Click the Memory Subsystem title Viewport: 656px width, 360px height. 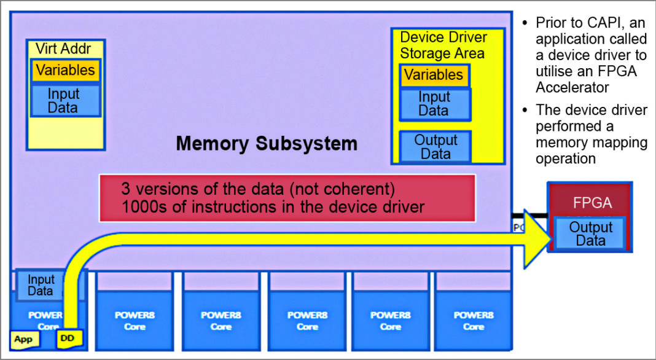[266, 144]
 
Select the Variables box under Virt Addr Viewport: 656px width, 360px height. [65, 70]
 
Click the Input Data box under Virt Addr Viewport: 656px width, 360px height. [64, 101]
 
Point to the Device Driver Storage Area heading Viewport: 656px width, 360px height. [443, 45]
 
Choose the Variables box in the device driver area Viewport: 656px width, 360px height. [434, 76]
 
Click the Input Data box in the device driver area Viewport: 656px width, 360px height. [434, 104]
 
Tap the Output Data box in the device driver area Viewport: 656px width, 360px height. [435, 147]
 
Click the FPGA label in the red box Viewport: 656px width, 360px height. [592, 203]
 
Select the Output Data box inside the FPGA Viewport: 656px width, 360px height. [590, 233]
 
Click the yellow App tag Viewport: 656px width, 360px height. [24, 339]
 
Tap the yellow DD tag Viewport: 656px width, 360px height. [68, 338]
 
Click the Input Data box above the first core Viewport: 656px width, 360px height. [41, 285]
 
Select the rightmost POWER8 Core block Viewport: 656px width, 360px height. [474, 319]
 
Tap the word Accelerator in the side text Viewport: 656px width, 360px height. [572, 87]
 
